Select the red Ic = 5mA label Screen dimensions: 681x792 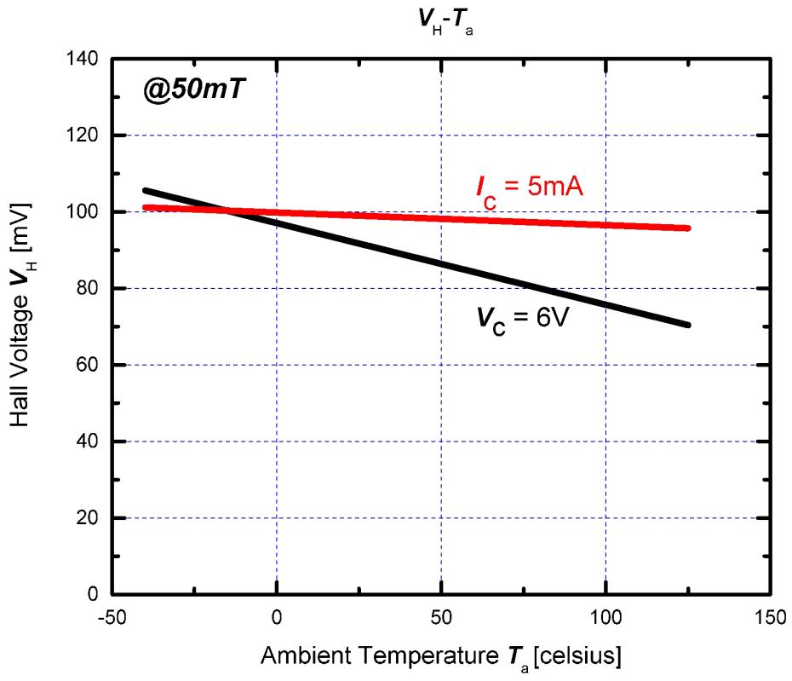pyautogui.click(x=529, y=188)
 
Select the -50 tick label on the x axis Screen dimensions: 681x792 pyautogui.click(x=112, y=615)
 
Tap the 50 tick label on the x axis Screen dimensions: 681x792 pyautogui.click(x=441, y=615)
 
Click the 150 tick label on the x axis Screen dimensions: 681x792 pyautogui.click(x=768, y=615)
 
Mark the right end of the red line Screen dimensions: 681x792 pyautogui.click(x=687, y=228)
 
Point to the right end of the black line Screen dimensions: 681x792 pyautogui.click(x=687, y=325)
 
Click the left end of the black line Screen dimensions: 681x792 pyautogui.click(x=146, y=191)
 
